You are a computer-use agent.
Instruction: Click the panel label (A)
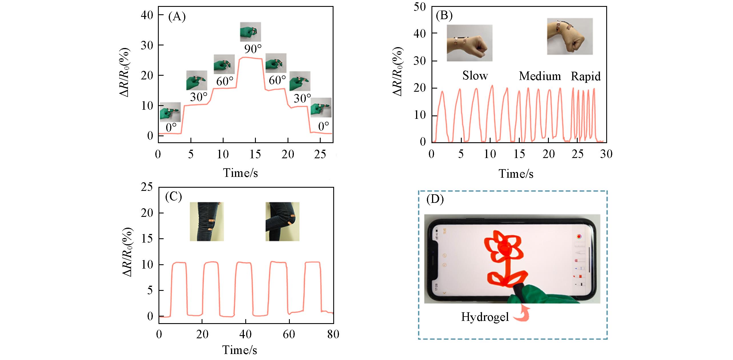(177, 17)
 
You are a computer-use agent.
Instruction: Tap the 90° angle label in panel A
(253, 49)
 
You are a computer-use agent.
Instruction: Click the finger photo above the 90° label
(250, 32)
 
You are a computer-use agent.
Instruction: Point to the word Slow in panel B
(475, 76)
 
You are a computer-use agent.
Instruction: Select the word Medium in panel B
(540, 76)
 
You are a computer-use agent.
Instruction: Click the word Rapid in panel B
(586, 76)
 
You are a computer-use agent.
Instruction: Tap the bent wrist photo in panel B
(570, 36)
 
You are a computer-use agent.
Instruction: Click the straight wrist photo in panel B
(469, 43)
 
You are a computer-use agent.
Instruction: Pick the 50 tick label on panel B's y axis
(419, 7)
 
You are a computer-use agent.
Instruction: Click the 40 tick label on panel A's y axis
(147, 15)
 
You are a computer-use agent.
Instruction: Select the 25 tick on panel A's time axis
(320, 155)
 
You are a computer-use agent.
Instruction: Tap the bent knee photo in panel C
(282, 221)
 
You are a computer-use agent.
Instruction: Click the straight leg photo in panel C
(207, 221)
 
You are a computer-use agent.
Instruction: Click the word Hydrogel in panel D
(485, 317)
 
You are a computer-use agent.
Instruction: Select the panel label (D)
(435, 200)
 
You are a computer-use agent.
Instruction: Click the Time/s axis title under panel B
(516, 174)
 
